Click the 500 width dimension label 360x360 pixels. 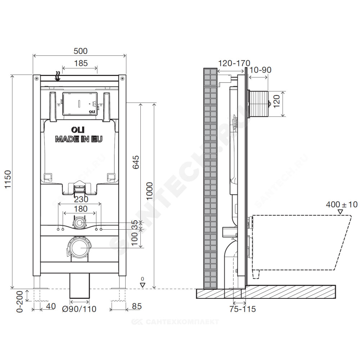(x=80, y=51)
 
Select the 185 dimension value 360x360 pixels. (x=81, y=63)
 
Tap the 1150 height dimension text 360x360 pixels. (x=8, y=179)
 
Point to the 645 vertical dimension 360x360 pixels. (x=136, y=162)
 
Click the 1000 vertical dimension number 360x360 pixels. (x=149, y=191)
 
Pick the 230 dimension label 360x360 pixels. (x=81, y=199)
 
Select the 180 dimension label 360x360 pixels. (x=81, y=209)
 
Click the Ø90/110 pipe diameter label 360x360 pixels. (x=79, y=309)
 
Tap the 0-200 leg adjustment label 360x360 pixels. (x=20, y=302)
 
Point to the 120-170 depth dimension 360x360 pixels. (x=234, y=63)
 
